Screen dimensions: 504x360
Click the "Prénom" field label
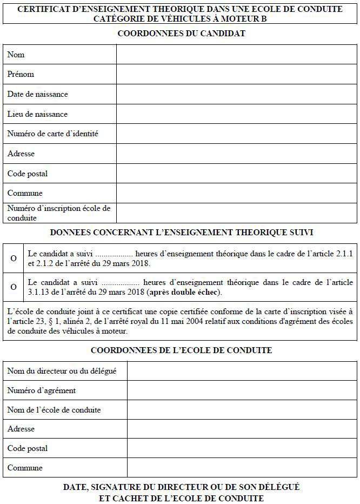pyautogui.click(x=21, y=74)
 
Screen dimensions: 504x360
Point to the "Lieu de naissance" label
pyautogui.click(x=37, y=114)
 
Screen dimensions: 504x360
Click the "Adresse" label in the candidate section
pyautogui.click(x=21, y=154)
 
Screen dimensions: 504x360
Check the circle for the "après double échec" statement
pyautogui.click(x=14, y=287)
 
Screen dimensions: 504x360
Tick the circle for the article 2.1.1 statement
pyautogui.click(x=14, y=258)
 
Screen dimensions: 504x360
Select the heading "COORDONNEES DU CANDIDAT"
pyautogui.click(x=181, y=34)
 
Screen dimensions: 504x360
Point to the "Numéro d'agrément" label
pyautogui.click(x=42, y=390)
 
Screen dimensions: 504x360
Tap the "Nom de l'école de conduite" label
pyautogui.click(x=54, y=410)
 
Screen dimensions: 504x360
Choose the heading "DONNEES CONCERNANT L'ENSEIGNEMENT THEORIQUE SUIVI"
pyautogui.click(x=181, y=233)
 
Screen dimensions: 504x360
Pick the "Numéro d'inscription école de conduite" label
pyautogui.click(x=58, y=213)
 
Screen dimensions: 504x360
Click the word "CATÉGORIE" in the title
pyautogui.click(x=116, y=18)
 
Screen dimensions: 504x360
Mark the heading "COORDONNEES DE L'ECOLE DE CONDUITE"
pyautogui.click(x=181, y=350)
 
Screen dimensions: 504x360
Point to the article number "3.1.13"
pyautogui.click(x=39, y=293)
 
